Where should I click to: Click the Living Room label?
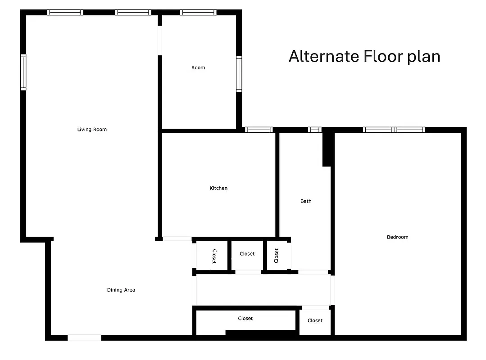tap(92, 130)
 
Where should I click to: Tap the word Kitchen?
tap(218, 188)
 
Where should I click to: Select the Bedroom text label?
tap(397, 237)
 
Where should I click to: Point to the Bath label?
tap(306, 201)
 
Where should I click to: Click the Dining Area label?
tap(121, 290)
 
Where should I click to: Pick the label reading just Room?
tap(198, 67)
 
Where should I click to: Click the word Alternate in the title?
tap(324, 57)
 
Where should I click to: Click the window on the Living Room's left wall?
tap(23, 72)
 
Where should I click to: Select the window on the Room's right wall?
tap(239, 74)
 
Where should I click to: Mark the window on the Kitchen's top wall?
tap(259, 130)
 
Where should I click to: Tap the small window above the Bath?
tap(315, 130)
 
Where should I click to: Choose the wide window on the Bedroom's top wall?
tap(394, 130)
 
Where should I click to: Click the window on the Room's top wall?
tap(198, 13)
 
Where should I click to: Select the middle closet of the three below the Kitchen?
tap(247, 255)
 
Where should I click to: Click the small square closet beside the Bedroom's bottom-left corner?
tap(315, 321)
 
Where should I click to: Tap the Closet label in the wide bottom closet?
tap(245, 319)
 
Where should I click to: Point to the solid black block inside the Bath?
tap(327, 148)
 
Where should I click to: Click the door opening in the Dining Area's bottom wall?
tap(84, 337)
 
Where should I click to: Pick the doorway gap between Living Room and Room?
tap(159, 41)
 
